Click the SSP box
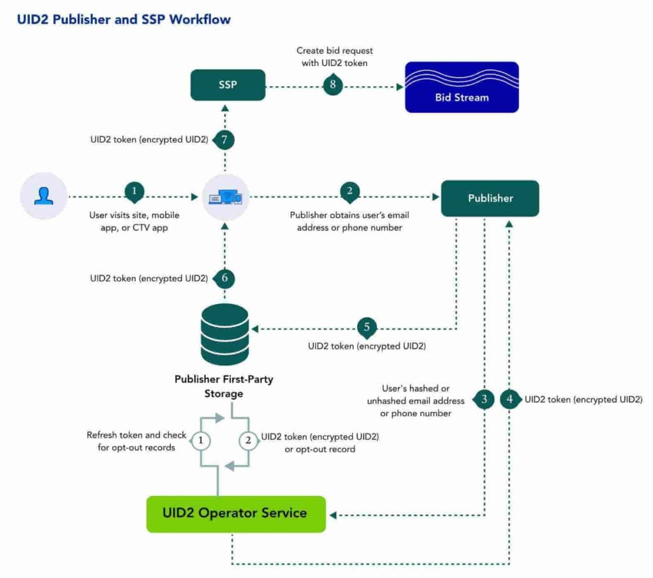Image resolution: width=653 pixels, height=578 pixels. pyautogui.click(x=228, y=85)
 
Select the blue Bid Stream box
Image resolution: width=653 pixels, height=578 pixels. pyautogui.click(x=462, y=87)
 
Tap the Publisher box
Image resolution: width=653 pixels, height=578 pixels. pyautogui.click(x=490, y=198)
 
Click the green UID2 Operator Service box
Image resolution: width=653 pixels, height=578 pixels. pyautogui.click(x=235, y=514)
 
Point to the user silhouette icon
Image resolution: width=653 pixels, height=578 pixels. pyautogui.click(x=44, y=198)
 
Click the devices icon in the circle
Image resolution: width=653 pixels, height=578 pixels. pyautogui.click(x=224, y=198)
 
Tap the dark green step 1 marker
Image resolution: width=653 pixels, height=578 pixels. pyautogui.click(x=134, y=191)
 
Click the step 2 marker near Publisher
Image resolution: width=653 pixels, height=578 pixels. pyautogui.click(x=349, y=191)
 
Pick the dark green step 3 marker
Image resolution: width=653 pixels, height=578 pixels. pyautogui.click(x=484, y=400)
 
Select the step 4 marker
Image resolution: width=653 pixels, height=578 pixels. pyautogui.click(x=510, y=400)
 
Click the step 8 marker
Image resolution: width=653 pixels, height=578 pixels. pyautogui.click(x=333, y=85)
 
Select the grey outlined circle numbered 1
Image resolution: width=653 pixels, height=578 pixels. pyautogui.click(x=201, y=440)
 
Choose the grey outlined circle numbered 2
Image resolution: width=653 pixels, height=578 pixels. pyautogui.click(x=247, y=440)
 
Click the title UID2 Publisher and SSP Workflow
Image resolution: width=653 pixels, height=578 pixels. pyautogui.click(x=124, y=19)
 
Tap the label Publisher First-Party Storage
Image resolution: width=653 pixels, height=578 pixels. pyautogui.click(x=224, y=386)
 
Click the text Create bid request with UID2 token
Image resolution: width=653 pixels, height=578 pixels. pyautogui.click(x=335, y=56)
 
